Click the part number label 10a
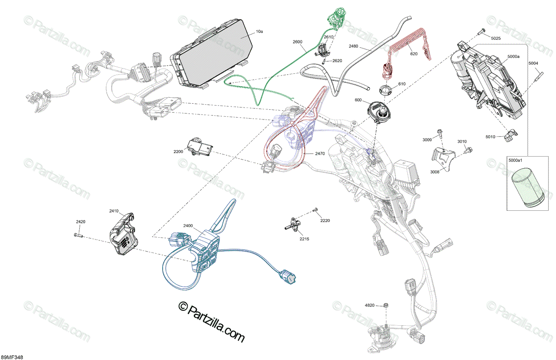pyautogui.click(x=259, y=32)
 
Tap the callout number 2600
pyautogui.click(x=297, y=42)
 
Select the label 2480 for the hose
pyautogui.click(x=354, y=46)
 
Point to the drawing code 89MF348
pyautogui.click(x=12, y=357)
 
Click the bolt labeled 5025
pyautogui.click(x=480, y=31)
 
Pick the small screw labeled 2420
pyautogui.click(x=78, y=234)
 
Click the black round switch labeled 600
pyautogui.click(x=379, y=113)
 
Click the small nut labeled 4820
pyautogui.click(x=385, y=305)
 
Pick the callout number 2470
pyautogui.click(x=320, y=154)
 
